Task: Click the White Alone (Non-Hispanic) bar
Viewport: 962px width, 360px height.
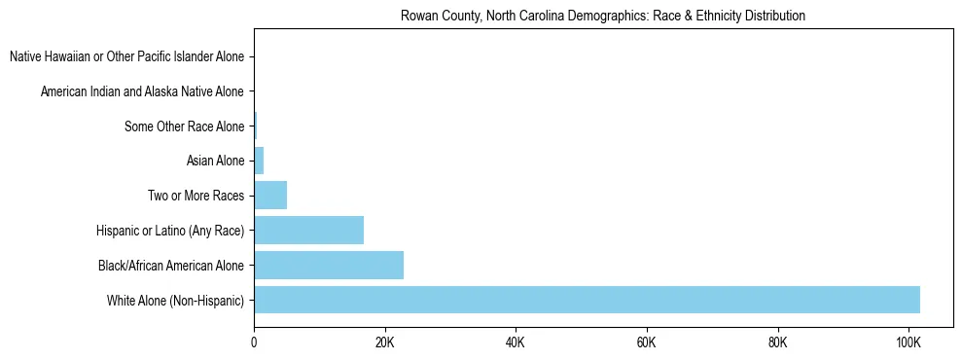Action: click(587, 300)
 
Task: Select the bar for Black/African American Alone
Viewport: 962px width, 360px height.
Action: click(329, 265)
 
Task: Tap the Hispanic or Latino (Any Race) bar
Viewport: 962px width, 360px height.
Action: click(308, 231)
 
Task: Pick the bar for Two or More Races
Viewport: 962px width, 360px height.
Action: click(270, 196)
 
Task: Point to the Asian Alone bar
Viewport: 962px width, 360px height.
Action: click(259, 161)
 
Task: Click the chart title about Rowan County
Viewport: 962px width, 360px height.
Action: click(603, 16)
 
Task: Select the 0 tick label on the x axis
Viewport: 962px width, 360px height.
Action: click(254, 342)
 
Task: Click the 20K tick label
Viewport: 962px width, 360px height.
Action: click(385, 342)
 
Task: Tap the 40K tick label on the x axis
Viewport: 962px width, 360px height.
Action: click(516, 342)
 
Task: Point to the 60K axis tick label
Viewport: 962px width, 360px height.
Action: click(647, 342)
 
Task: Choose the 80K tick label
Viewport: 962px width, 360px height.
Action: click(777, 342)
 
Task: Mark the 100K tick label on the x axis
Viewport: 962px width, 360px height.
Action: click(909, 342)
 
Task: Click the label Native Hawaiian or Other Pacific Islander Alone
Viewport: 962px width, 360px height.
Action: click(126, 57)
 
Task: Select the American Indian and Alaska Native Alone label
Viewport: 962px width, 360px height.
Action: click(142, 91)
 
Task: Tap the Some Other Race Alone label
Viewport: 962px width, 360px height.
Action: click(185, 126)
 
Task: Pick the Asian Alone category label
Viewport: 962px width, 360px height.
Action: click(215, 161)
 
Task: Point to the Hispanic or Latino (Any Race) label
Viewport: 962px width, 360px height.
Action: click(170, 231)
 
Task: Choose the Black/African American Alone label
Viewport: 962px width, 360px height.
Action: click(171, 265)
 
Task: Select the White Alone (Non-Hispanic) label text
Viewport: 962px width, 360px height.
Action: click(176, 300)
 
